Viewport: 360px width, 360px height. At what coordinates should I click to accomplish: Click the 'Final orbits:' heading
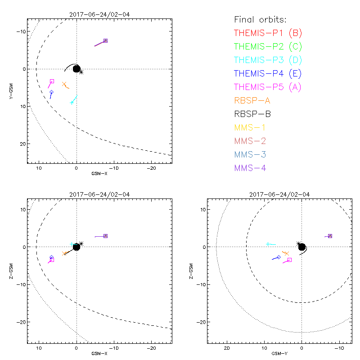pyautogui.click(x=260, y=20)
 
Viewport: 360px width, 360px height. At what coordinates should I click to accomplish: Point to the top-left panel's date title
pyautogui.click(x=99, y=14)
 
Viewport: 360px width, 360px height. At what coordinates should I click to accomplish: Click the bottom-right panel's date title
pyautogui.click(x=279, y=194)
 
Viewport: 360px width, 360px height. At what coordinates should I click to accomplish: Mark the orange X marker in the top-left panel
pyautogui.click(x=64, y=84)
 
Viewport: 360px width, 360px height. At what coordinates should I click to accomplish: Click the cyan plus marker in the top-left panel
pyautogui.click(x=72, y=103)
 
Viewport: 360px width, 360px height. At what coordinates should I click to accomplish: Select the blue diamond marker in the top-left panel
pyautogui.click(x=51, y=92)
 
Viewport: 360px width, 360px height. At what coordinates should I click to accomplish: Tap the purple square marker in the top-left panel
pyautogui.click(x=105, y=40)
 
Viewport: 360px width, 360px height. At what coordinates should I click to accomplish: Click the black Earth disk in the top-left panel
pyautogui.click(x=76, y=69)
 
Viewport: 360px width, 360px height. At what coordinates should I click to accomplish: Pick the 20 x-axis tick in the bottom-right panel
pyautogui.click(x=227, y=348)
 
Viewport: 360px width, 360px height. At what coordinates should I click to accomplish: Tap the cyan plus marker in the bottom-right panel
pyautogui.click(x=268, y=244)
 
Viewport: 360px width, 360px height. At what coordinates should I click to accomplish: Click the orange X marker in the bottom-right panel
pyautogui.click(x=286, y=253)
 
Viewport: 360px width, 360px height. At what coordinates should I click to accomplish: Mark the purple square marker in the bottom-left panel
pyautogui.click(x=105, y=236)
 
